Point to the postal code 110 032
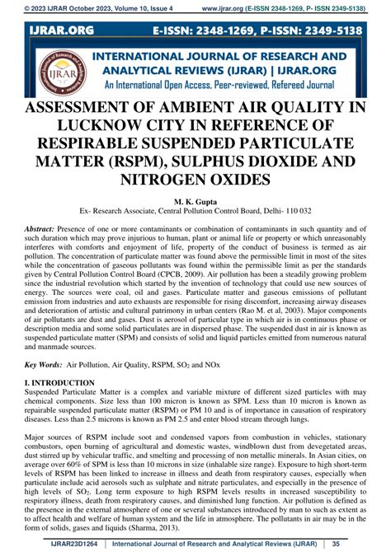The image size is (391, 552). coord(294,210)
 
